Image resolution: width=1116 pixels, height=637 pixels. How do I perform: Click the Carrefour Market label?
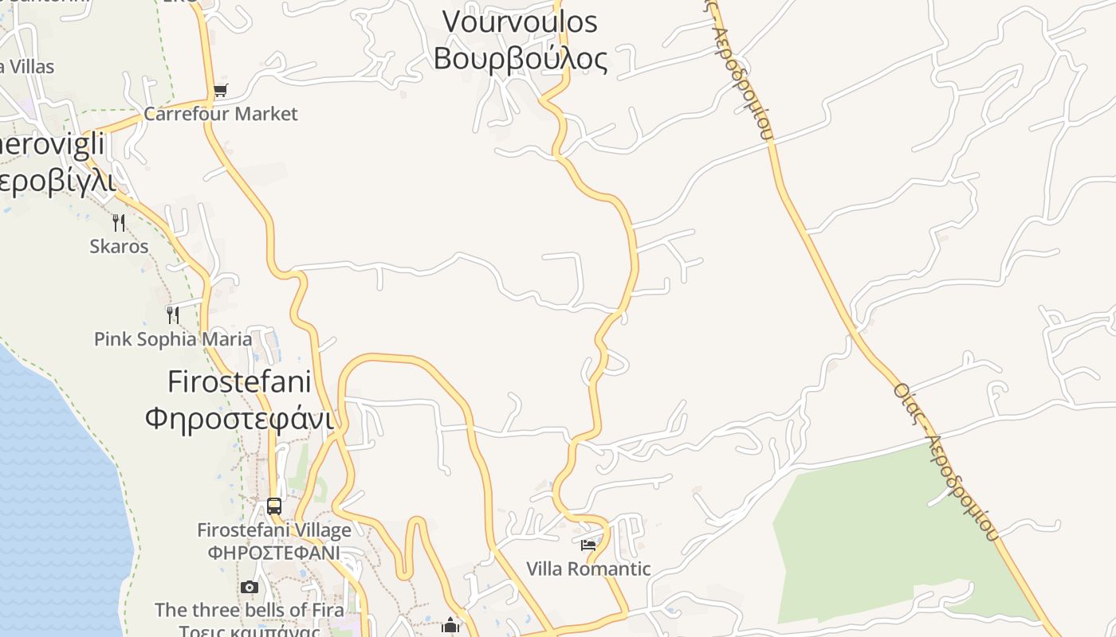(x=220, y=114)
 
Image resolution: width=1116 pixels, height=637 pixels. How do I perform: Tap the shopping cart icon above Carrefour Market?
(x=221, y=91)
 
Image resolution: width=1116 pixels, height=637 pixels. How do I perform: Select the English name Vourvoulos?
(x=520, y=22)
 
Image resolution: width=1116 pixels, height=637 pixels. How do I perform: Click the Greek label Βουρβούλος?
(x=520, y=58)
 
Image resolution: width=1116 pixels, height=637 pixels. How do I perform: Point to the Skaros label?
(x=119, y=246)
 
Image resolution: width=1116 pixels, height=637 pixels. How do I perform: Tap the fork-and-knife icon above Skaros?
(x=119, y=222)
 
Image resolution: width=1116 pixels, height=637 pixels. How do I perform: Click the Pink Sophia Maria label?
(x=173, y=339)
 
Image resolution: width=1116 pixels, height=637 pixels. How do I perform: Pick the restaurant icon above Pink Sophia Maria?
(x=173, y=315)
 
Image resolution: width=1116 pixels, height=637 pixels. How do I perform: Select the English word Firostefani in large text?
(x=239, y=382)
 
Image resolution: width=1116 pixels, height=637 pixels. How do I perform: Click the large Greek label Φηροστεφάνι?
(x=239, y=417)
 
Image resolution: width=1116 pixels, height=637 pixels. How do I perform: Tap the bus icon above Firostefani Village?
(x=274, y=506)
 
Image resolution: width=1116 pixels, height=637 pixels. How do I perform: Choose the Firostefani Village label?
(x=274, y=530)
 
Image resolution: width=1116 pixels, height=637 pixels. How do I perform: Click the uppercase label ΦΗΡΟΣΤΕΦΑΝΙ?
(x=274, y=552)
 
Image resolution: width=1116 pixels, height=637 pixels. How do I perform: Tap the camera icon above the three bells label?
(x=250, y=588)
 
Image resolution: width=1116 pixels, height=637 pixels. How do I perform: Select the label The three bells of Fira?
(x=250, y=610)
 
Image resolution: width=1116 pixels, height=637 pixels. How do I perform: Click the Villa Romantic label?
(x=588, y=569)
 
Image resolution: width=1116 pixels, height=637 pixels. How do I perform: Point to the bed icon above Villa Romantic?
(x=588, y=545)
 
